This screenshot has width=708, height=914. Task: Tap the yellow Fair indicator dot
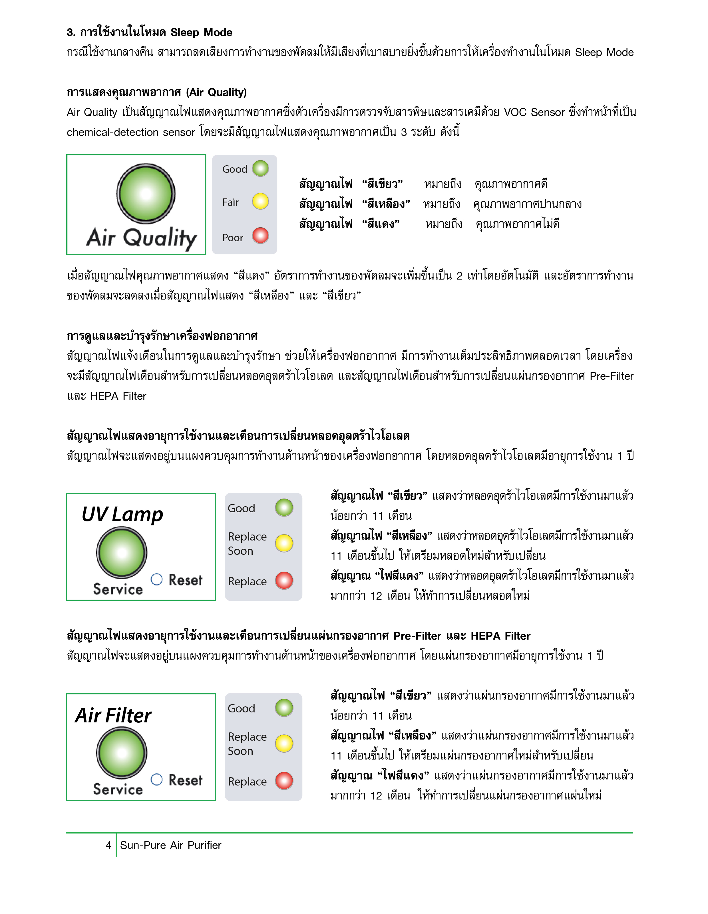pos(260,201)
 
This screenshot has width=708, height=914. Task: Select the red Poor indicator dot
pos(260,235)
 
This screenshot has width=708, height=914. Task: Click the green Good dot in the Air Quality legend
pos(260,168)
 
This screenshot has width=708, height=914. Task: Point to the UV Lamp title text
pos(122,514)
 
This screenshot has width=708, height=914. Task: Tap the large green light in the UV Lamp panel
pos(122,553)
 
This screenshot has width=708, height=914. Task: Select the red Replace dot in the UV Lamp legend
pos(284,580)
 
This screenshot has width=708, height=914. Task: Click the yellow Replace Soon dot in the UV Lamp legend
pos(284,543)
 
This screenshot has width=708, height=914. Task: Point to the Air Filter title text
pos(113,715)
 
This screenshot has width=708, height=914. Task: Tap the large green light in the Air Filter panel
pos(122,752)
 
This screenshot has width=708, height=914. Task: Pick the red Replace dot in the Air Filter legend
pos(284,780)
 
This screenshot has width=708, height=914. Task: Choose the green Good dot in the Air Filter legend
pos(284,708)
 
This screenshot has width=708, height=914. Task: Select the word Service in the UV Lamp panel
pos(118,589)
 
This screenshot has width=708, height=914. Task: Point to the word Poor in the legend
pos(233,238)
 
